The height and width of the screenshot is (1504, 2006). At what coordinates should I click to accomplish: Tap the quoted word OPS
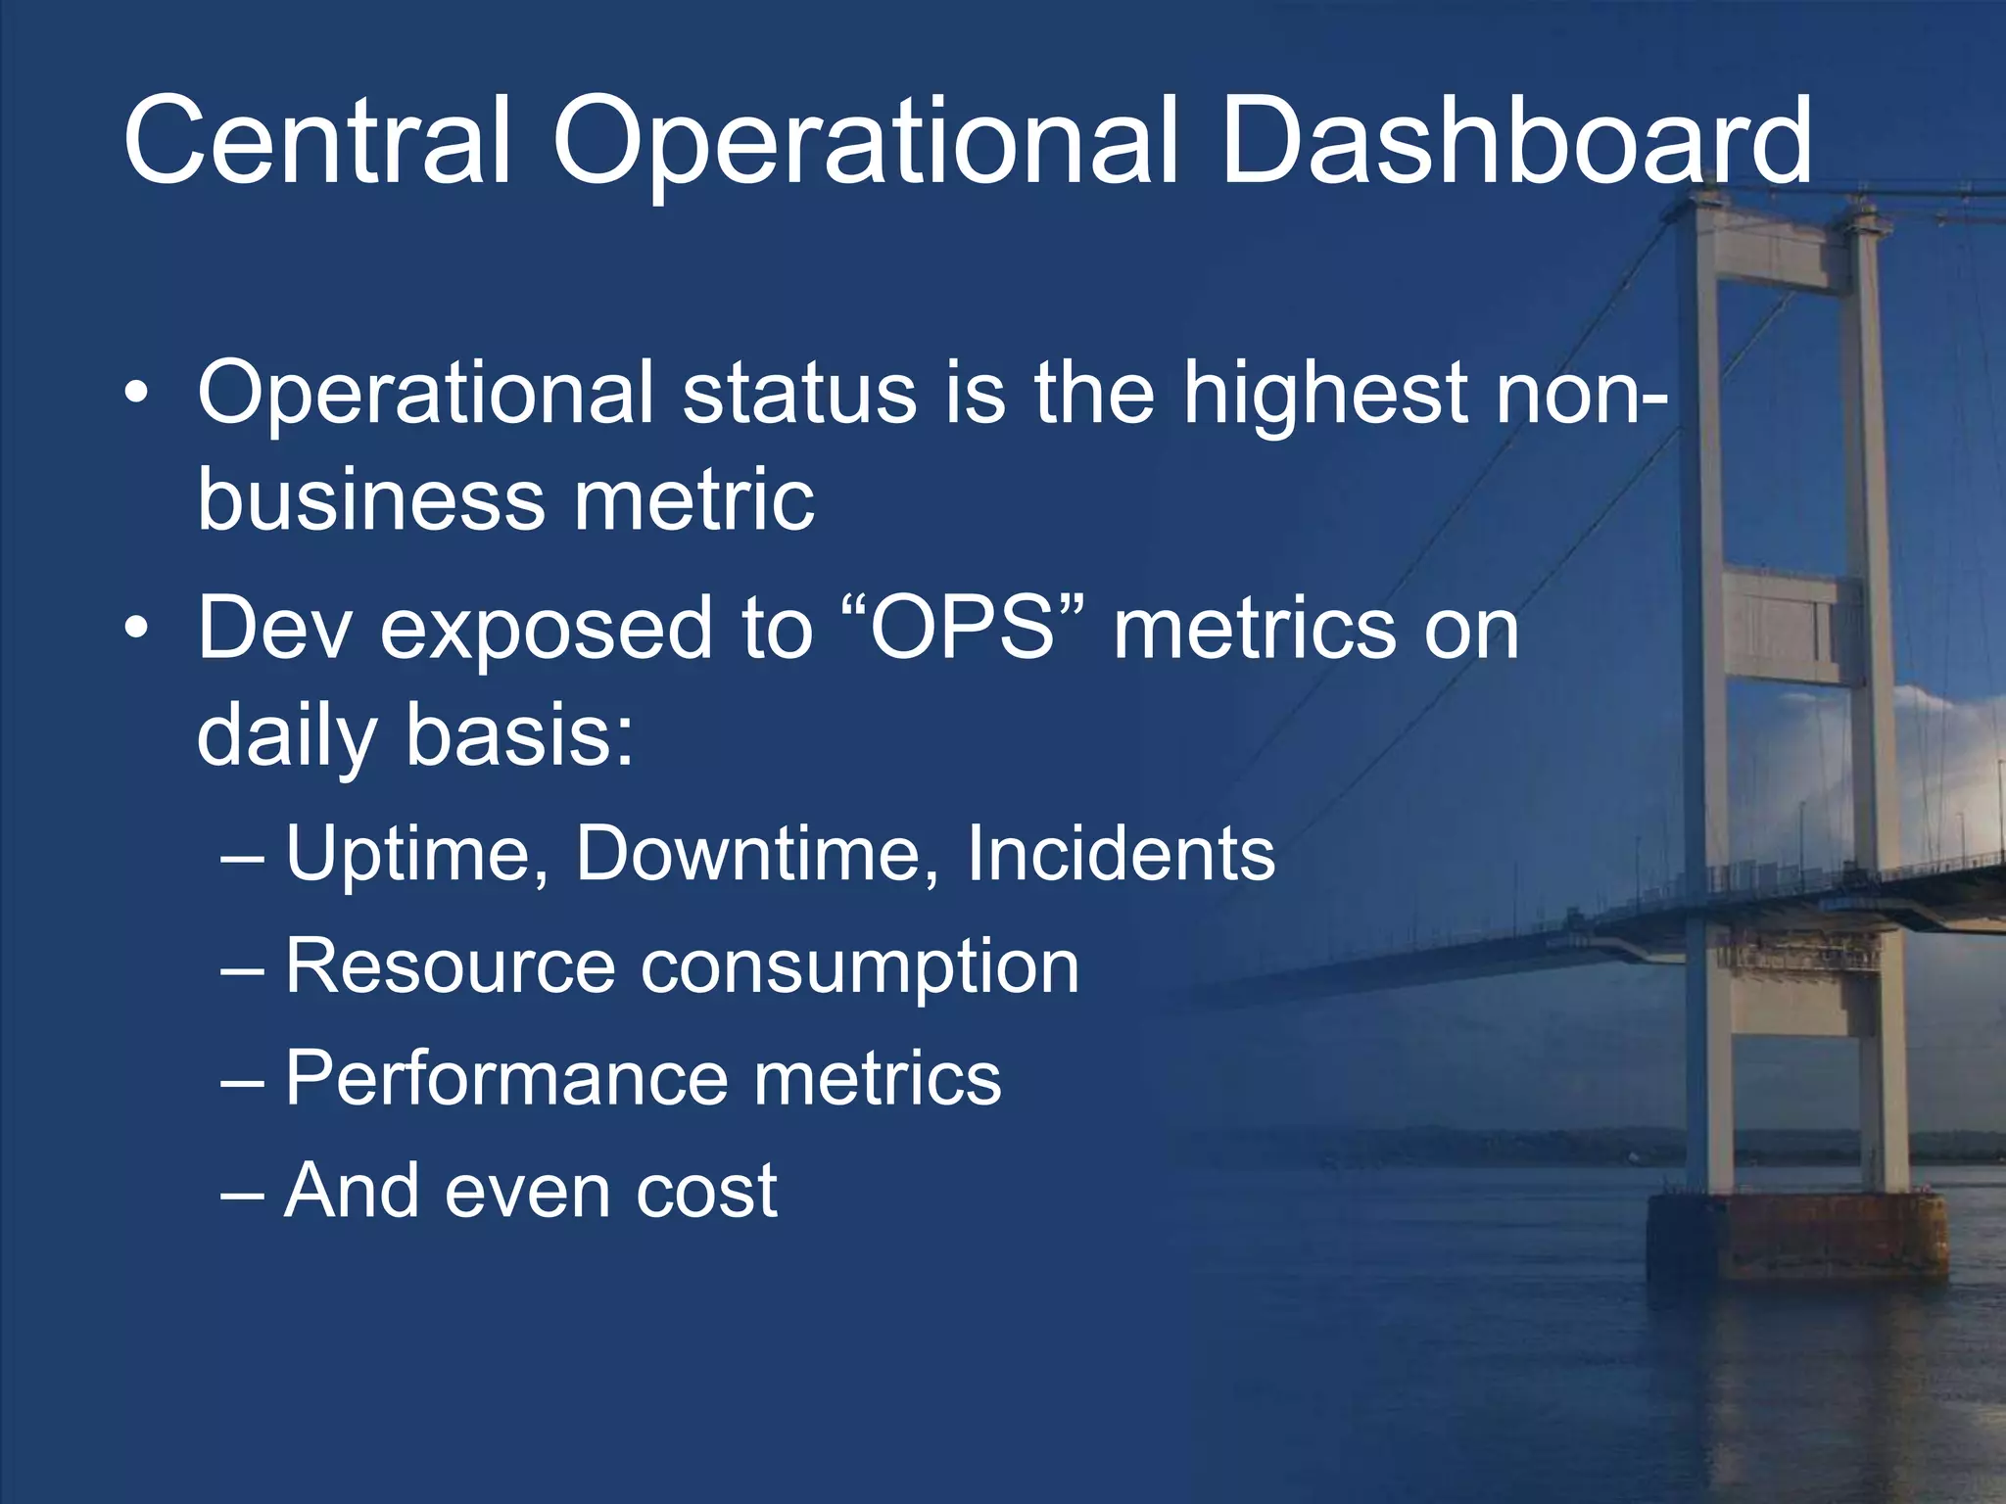tap(962, 629)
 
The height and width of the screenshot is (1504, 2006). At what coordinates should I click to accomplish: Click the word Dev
tap(274, 629)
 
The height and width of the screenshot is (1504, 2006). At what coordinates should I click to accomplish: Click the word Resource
tap(449, 966)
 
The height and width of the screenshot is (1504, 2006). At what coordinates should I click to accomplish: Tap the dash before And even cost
tap(242, 1194)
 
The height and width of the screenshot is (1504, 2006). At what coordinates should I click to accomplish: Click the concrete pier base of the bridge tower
tap(1796, 1239)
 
